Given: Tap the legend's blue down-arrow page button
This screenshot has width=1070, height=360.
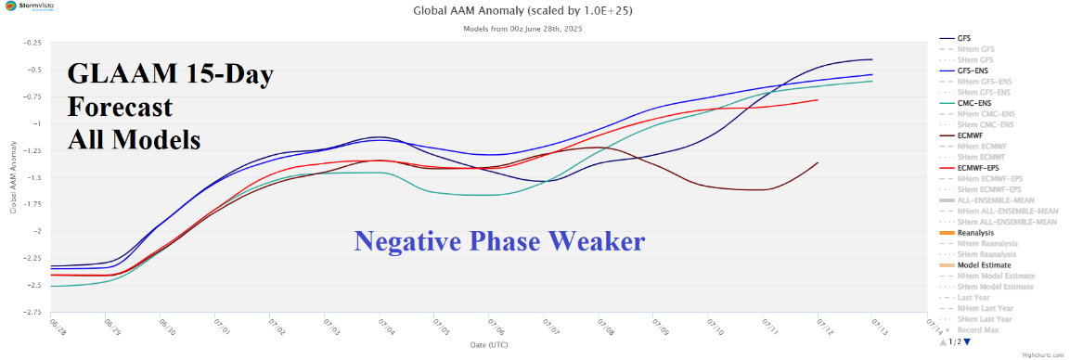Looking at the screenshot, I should click(x=967, y=342).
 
